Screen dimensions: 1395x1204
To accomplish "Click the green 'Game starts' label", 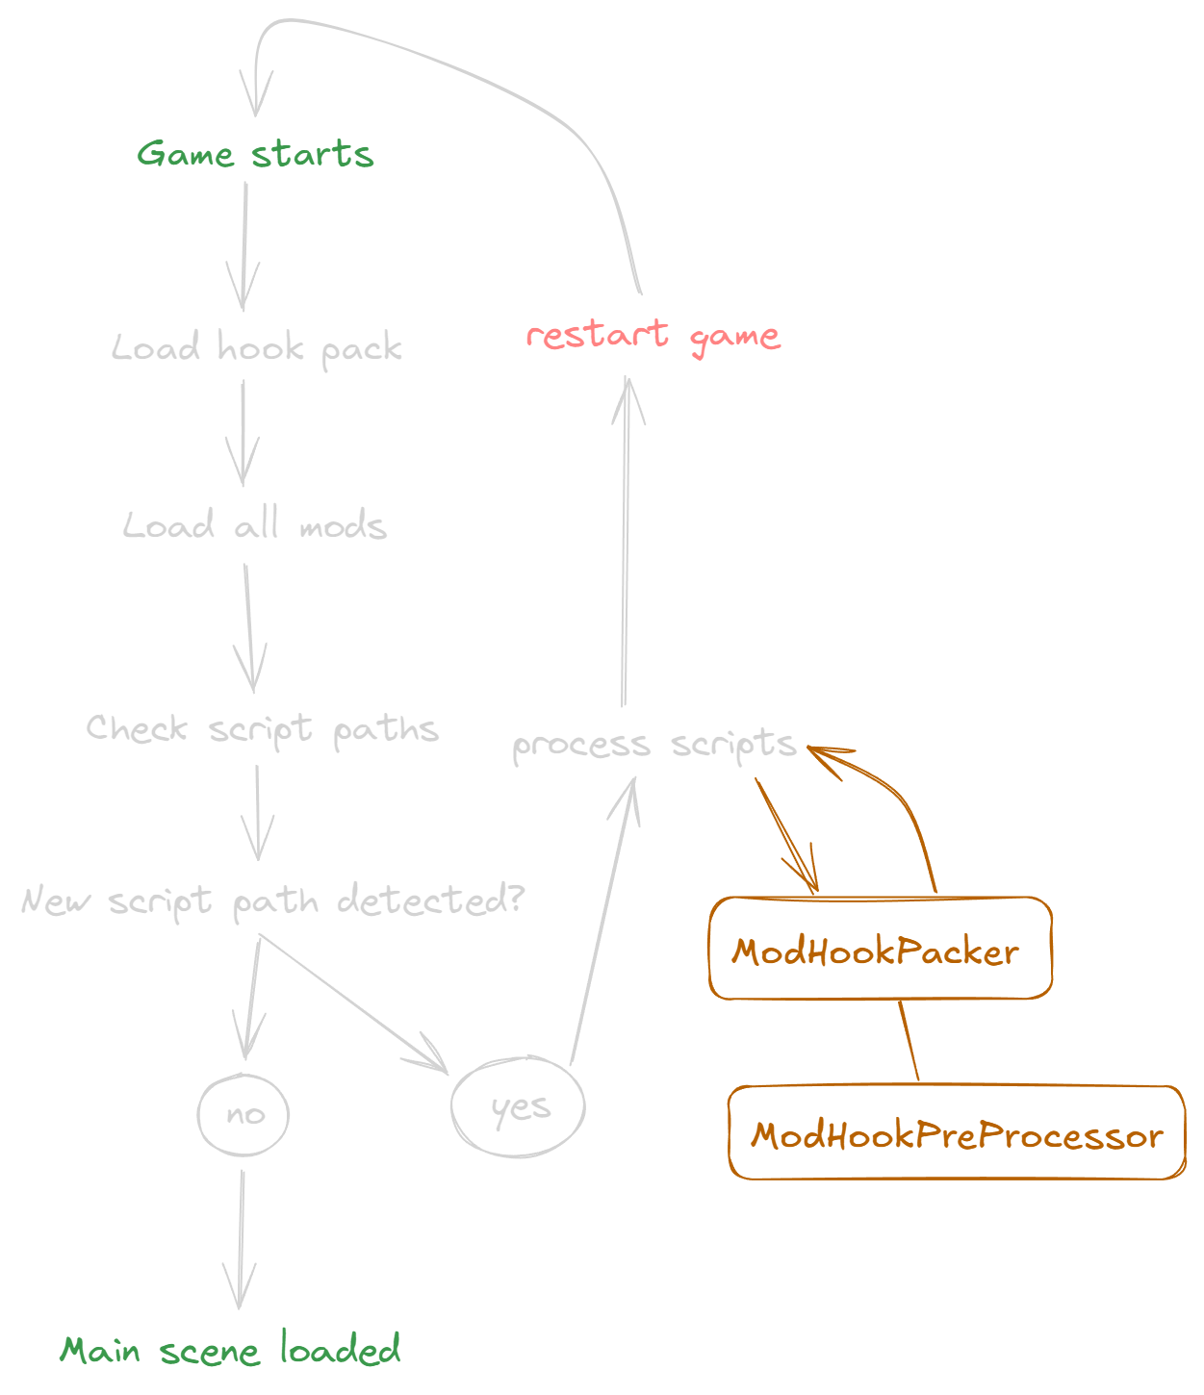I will pos(255,154).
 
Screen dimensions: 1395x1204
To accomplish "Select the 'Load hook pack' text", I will pos(257,347).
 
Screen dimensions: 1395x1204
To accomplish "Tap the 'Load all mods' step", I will pos(255,525).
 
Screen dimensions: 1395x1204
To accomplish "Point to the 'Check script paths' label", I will pos(262,729).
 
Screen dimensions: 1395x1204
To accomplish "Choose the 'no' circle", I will pos(243,1114).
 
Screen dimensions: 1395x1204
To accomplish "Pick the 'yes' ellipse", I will pos(518,1106).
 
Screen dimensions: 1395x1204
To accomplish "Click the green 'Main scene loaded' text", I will pos(231,1350).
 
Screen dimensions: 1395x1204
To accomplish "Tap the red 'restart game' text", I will pos(653,335).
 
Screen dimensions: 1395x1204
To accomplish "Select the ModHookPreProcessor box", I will pos(957,1133).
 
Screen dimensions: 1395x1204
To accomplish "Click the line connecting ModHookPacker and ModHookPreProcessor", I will pos(909,1042).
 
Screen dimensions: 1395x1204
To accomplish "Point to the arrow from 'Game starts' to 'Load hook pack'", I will pos(243,245).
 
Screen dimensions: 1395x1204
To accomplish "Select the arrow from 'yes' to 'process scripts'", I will pos(603,924).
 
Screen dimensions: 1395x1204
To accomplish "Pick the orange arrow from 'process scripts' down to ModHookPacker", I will pos(784,832).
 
